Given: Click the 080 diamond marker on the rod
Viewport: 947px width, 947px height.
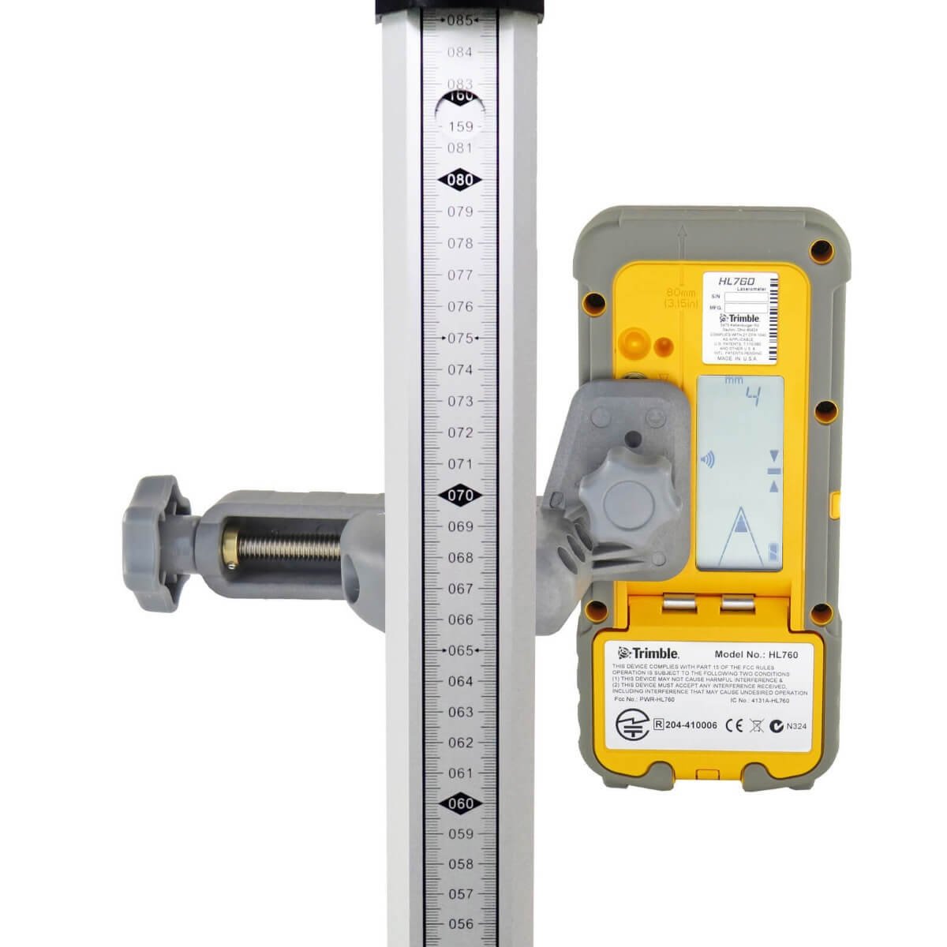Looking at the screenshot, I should [460, 180].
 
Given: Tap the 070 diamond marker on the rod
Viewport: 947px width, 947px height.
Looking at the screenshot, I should [460, 496].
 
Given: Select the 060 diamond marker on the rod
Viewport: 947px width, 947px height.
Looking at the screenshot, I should [460, 803].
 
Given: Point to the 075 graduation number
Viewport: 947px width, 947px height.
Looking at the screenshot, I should [460, 338].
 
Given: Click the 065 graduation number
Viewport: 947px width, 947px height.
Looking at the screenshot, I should [460, 650].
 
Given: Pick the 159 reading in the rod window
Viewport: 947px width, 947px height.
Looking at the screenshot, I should [460, 126].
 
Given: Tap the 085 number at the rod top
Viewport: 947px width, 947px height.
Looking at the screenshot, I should [460, 20].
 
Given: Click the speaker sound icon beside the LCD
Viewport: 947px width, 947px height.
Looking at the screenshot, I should [706, 459].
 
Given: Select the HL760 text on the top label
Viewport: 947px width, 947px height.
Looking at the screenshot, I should [736, 280].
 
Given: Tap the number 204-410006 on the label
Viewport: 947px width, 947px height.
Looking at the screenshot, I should [686, 724].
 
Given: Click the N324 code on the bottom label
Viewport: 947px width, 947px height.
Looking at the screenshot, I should [791, 725].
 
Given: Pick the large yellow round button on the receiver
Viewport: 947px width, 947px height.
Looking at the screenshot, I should [634, 343].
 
